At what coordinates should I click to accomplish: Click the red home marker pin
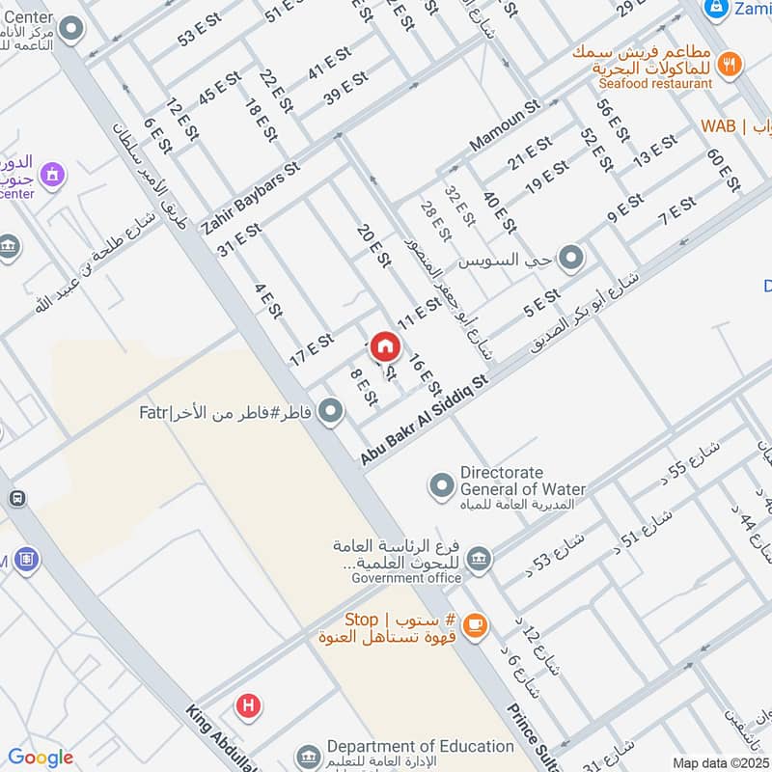pos(385,346)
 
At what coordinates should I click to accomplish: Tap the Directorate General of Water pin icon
pos(442,484)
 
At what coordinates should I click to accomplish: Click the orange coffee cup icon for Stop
pos(473,626)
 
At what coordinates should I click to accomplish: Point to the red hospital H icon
pos(249,706)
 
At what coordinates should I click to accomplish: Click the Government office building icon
pos(478,559)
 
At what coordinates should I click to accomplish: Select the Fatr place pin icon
pos(331,413)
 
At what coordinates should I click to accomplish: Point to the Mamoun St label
pos(503,126)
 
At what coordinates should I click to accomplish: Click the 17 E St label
pos(312,350)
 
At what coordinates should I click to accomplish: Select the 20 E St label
pos(372,246)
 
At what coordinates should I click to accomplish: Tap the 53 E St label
pos(199,34)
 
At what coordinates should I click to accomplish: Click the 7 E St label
pos(676,212)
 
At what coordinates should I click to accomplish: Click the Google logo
pos(41,758)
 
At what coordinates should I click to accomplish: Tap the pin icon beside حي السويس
pos(571,258)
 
